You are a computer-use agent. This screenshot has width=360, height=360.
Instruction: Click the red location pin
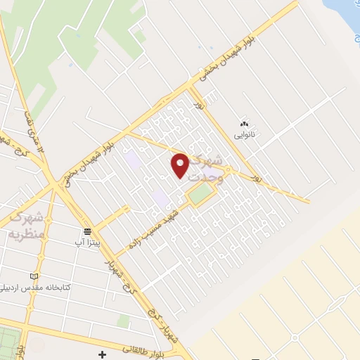point(180,165)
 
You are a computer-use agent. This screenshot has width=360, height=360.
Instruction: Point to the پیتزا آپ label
point(89,242)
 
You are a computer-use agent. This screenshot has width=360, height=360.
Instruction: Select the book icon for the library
point(34,276)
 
